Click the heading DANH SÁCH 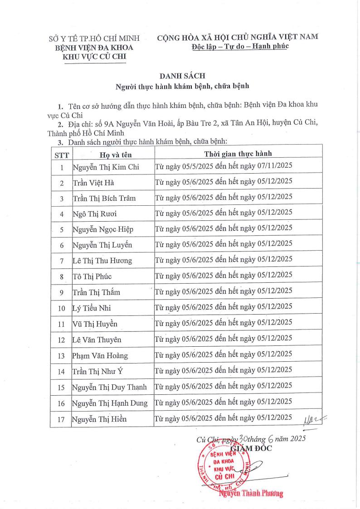coord(180,76)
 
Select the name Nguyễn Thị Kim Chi coord(106,167)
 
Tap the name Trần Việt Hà coord(93,183)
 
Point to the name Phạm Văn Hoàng coord(100,355)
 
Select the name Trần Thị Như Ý coord(98,372)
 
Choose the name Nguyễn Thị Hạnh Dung coord(110,403)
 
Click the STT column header coord(61,155)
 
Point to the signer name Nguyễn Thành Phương coord(251,494)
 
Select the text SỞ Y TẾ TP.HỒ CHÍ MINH coord(94,38)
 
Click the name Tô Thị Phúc coord(92,276)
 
